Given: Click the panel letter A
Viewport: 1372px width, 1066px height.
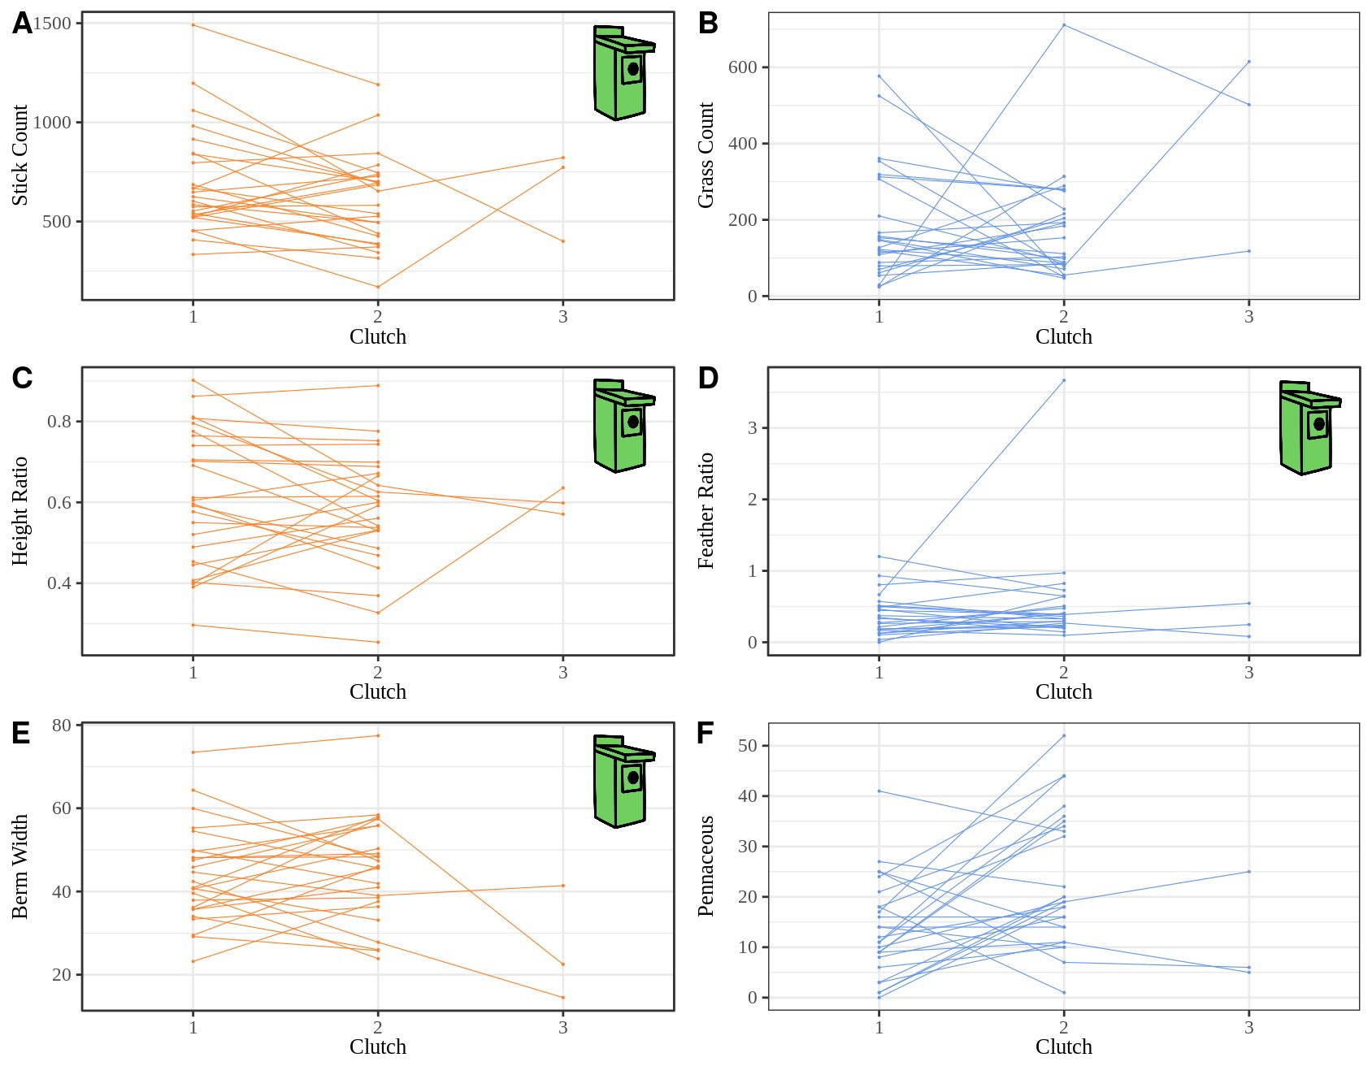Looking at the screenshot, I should tap(22, 24).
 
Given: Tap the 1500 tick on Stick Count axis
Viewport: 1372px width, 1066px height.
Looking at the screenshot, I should tap(52, 24).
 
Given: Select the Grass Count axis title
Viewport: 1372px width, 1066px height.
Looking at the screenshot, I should tap(706, 155).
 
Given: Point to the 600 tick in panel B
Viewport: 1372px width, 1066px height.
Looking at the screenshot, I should tap(742, 67).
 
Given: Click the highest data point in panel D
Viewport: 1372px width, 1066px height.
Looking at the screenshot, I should tap(1064, 380).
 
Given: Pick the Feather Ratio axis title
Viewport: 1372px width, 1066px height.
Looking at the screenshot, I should tap(706, 510).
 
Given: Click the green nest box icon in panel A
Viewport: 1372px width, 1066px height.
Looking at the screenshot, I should tap(623, 72).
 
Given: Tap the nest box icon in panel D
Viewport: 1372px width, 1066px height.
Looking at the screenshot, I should tap(1309, 427).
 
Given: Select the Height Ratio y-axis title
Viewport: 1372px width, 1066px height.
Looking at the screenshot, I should tap(20, 510).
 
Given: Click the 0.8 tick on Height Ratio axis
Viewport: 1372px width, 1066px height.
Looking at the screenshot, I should tap(59, 422).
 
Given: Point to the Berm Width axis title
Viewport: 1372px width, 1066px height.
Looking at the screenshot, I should tap(20, 866).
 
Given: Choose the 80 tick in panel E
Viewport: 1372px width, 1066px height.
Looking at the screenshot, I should tap(62, 725).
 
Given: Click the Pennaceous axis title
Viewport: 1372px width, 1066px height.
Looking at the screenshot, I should tap(706, 866).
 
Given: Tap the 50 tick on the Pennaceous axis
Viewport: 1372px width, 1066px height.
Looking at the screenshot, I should tap(747, 746).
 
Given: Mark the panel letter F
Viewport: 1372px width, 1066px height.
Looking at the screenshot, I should tap(706, 734).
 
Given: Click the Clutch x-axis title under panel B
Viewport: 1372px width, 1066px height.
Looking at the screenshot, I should tap(1063, 336).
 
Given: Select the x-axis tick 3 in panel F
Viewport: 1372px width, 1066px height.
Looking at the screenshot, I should tap(1248, 1028).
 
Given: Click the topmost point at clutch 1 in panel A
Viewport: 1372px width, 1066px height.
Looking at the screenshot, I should tap(193, 25).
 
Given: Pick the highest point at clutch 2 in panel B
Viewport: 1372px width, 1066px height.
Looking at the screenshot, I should tap(1064, 25).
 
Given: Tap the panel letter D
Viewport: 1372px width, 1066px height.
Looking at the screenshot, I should tap(708, 379).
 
